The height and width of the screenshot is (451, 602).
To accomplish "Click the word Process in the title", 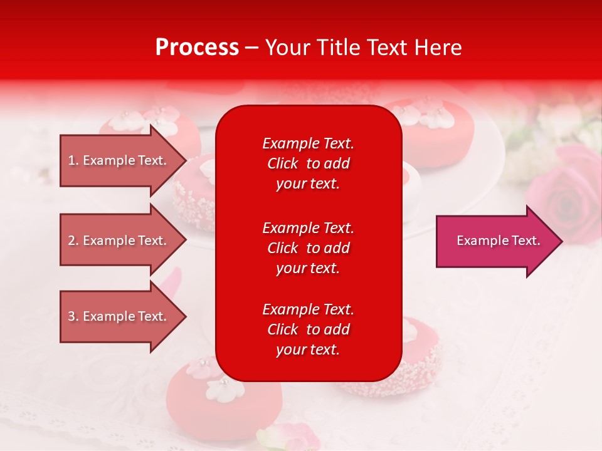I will pos(197,48).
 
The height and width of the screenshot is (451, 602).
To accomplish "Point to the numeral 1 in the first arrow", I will pos(71,160).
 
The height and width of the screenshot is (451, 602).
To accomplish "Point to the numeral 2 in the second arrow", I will pos(71,241).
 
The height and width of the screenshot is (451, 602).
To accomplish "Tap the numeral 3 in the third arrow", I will pos(71,316).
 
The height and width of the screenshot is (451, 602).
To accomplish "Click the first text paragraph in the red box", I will pos(308,163).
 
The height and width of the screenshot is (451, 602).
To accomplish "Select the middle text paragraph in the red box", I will pos(308,248).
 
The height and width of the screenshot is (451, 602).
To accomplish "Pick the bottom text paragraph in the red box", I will pos(308,329).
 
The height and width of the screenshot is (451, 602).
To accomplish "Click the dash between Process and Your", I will pos(251,48).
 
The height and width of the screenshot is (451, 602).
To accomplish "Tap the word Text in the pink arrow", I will pos(525,241).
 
